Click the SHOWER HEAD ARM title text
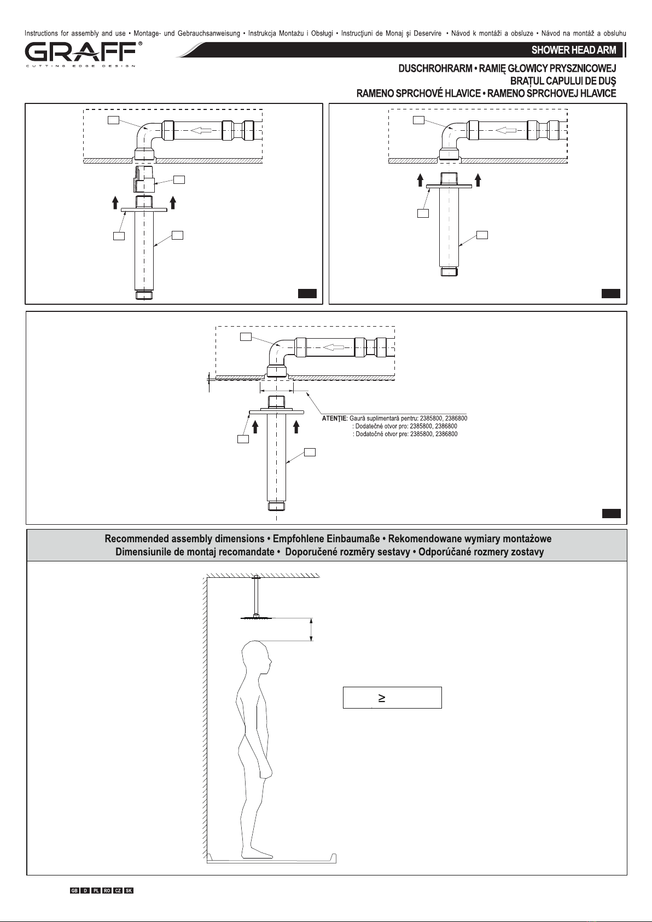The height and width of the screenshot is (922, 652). [x=573, y=50]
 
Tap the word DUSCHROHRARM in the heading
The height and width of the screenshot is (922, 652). [x=435, y=68]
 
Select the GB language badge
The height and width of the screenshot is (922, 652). [x=74, y=890]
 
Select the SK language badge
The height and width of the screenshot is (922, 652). [x=129, y=890]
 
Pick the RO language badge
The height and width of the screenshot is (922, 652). [x=107, y=890]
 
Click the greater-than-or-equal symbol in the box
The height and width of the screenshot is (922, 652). [x=382, y=698]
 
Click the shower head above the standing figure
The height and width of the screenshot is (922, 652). [x=257, y=617]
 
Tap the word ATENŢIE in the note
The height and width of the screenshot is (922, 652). [x=334, y=418]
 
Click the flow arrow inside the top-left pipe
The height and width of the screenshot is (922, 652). [x=202, y=130]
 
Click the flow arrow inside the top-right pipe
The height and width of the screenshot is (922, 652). [x=506, y=130]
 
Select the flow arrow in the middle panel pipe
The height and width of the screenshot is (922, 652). [x=333, y=347]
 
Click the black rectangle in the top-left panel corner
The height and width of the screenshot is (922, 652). [x=307, y=293]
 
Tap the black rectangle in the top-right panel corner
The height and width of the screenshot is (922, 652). [x=611, y=293]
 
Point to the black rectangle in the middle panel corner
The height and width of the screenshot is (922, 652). [x=612, y=513]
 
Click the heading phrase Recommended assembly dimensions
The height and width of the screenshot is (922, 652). [x=184, y=539]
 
